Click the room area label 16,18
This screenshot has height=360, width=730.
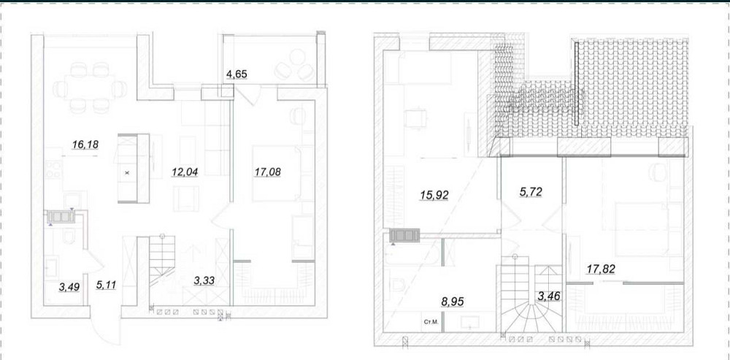pyautogui.click(x=85, y=145)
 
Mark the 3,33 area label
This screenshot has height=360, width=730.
pyautogui.click(x=207, y=280)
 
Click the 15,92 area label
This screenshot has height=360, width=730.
pyautogui.click(x=434, y=196)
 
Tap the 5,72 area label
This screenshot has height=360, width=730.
pyautogui.click(x=530, y=192)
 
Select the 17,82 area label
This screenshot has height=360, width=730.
pyautogui.click(x=602, y=269)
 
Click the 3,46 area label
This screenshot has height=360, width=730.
pyautogui.click(x=549, y=296)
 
